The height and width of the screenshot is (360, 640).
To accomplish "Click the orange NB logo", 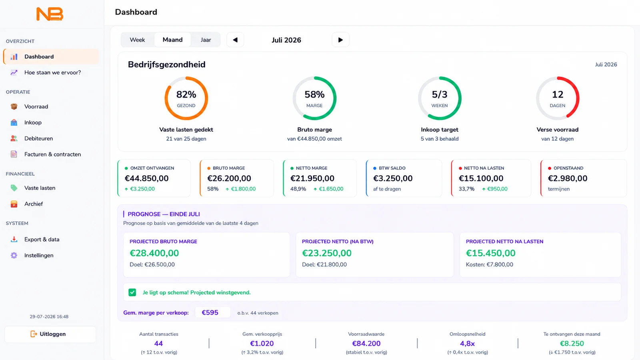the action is point(50,14).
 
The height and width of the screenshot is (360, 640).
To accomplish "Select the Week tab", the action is point(137,40).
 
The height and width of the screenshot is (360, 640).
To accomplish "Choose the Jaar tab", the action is point(206,40).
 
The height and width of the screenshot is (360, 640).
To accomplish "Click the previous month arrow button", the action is point(235,40).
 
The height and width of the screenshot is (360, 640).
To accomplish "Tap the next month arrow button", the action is point(340,40).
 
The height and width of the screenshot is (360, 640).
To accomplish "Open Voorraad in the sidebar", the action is point(36,106).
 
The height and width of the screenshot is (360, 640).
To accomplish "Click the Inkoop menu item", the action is point(33,122).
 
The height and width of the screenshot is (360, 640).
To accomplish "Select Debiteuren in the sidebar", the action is point(38,138).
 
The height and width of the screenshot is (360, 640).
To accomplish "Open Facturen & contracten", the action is point(52,154).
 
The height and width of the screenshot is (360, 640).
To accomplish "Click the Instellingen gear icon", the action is point(14,256).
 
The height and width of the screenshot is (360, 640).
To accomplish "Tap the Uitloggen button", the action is point(50,334).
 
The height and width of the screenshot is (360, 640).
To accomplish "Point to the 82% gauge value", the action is point(186,94).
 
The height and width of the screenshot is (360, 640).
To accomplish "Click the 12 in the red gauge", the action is point(558,94).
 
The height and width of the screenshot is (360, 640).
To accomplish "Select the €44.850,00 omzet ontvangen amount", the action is point(146,178).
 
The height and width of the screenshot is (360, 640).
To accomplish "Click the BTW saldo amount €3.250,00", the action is point(393,178).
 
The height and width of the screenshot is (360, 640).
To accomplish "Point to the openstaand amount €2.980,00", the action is point(568,178).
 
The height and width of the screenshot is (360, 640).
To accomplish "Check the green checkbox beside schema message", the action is point(132,292).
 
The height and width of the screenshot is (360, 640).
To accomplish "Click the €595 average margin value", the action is point(210,312).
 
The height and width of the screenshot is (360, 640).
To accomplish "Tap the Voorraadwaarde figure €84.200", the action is point(366,344).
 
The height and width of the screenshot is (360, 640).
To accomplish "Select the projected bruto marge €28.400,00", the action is point(154,253).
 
